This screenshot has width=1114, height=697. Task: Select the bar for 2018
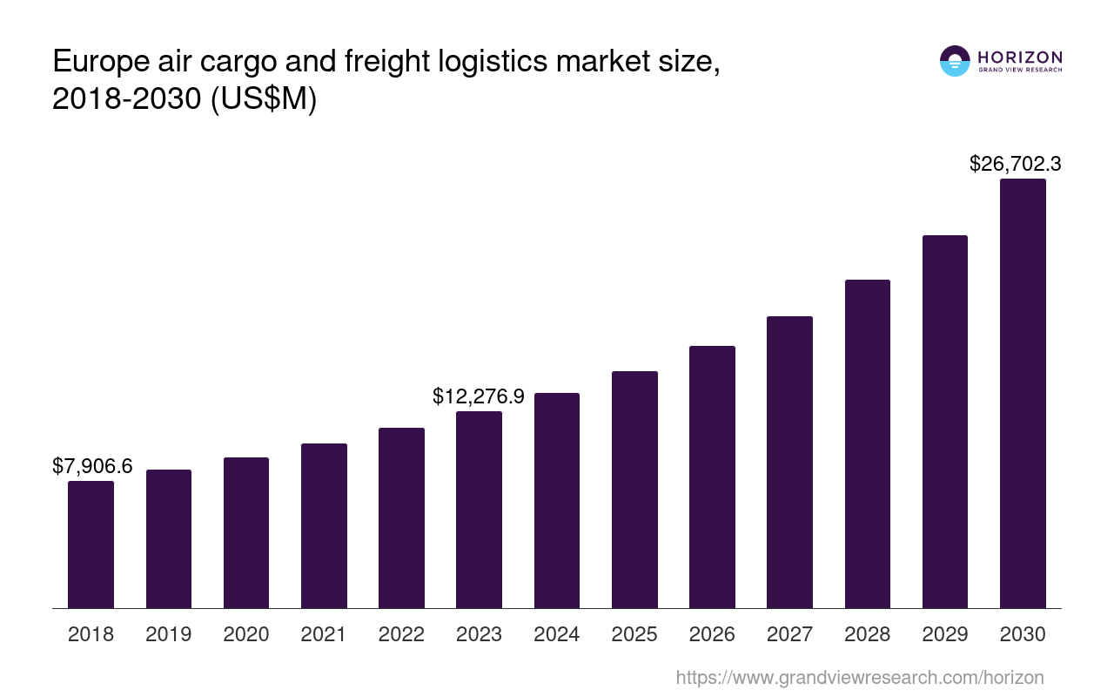pos(91,545)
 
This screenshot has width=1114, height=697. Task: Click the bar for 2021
pos(324,525)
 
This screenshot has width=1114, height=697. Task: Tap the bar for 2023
pos(479,510)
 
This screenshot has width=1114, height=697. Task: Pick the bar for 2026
pos(712,477)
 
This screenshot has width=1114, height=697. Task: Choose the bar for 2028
pos(867,443)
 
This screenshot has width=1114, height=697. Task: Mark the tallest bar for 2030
pos(1023,393)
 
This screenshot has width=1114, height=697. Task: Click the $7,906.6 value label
pos(92,466)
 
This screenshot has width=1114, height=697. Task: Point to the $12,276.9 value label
pos(478,396)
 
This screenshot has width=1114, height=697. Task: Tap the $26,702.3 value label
pos(1015,164)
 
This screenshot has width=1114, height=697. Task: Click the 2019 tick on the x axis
pos(169,634)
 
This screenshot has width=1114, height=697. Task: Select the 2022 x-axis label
pos(401,634)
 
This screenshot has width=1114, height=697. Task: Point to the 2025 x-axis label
pos(634,634)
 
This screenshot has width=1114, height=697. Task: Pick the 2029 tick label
pos(945,634)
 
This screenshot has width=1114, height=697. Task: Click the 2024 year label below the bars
pos(557,634)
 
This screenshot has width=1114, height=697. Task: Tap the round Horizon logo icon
pos(955,61)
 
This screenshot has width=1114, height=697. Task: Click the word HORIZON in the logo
pos(1020,57)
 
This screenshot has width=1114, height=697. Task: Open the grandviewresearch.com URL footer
pos(859,677)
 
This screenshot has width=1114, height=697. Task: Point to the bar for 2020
pos(246,532)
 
